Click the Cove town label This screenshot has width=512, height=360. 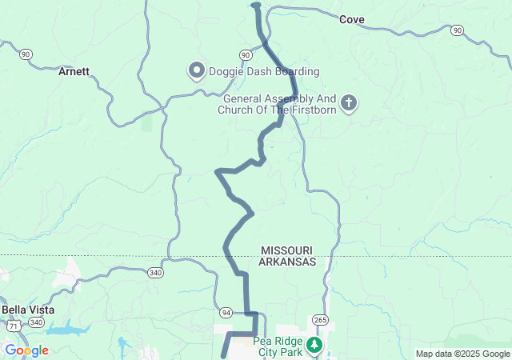tap(352, 19)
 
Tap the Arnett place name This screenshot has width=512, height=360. tap(74, 71)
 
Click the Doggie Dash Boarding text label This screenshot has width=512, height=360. tap(253, 71)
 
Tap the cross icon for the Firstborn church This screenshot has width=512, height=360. tap(348, 102)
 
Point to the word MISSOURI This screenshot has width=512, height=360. tap(286, 250)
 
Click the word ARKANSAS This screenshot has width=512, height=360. tap(288, 262)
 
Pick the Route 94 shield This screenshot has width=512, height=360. tap(227, 312)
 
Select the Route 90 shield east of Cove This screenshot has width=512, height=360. tap(457, 30)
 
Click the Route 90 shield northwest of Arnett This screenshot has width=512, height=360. tap(26, 54)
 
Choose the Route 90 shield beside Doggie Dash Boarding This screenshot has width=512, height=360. tap(245, 54)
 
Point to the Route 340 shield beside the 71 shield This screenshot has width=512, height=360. tap(36, 322)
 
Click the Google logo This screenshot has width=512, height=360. tap(26, 350)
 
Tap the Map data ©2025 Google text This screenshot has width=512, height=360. tap(462, 354)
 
